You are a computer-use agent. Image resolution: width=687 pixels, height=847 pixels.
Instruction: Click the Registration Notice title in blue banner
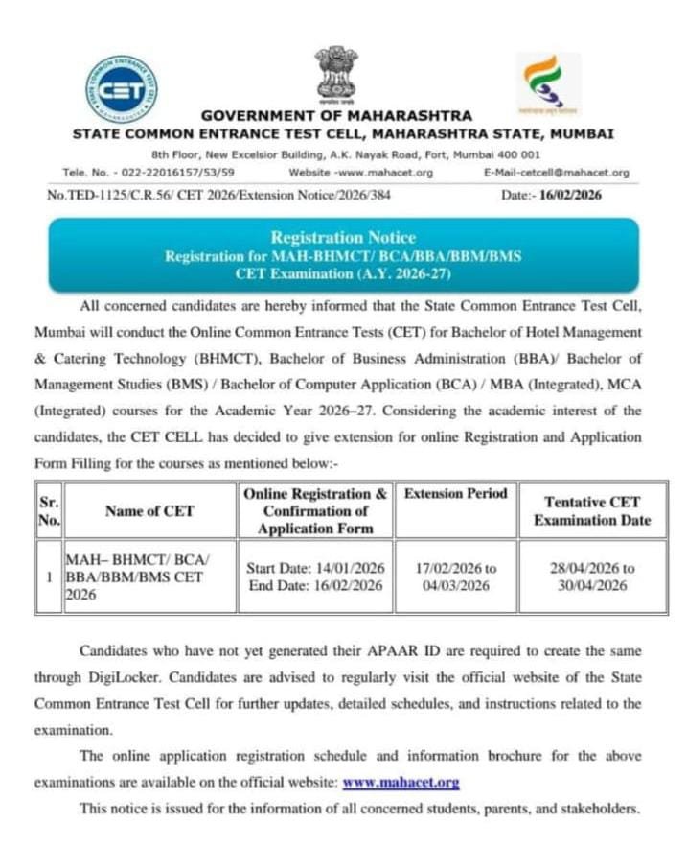tap(343, 237)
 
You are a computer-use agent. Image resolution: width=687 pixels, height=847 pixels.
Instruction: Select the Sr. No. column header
tap(49, 510)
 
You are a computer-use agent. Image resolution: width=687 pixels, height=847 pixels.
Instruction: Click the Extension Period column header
tap(455, 494)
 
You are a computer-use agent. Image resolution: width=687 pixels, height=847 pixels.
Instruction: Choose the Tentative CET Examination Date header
tap(591, 511)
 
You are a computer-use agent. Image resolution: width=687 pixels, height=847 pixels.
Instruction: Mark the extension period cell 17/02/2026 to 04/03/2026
tap(455, 576)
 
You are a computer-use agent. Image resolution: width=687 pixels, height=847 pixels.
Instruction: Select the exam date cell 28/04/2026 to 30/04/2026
tap(591, 576)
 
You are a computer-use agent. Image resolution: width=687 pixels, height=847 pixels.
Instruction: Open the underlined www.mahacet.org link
tap(401, 782)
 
